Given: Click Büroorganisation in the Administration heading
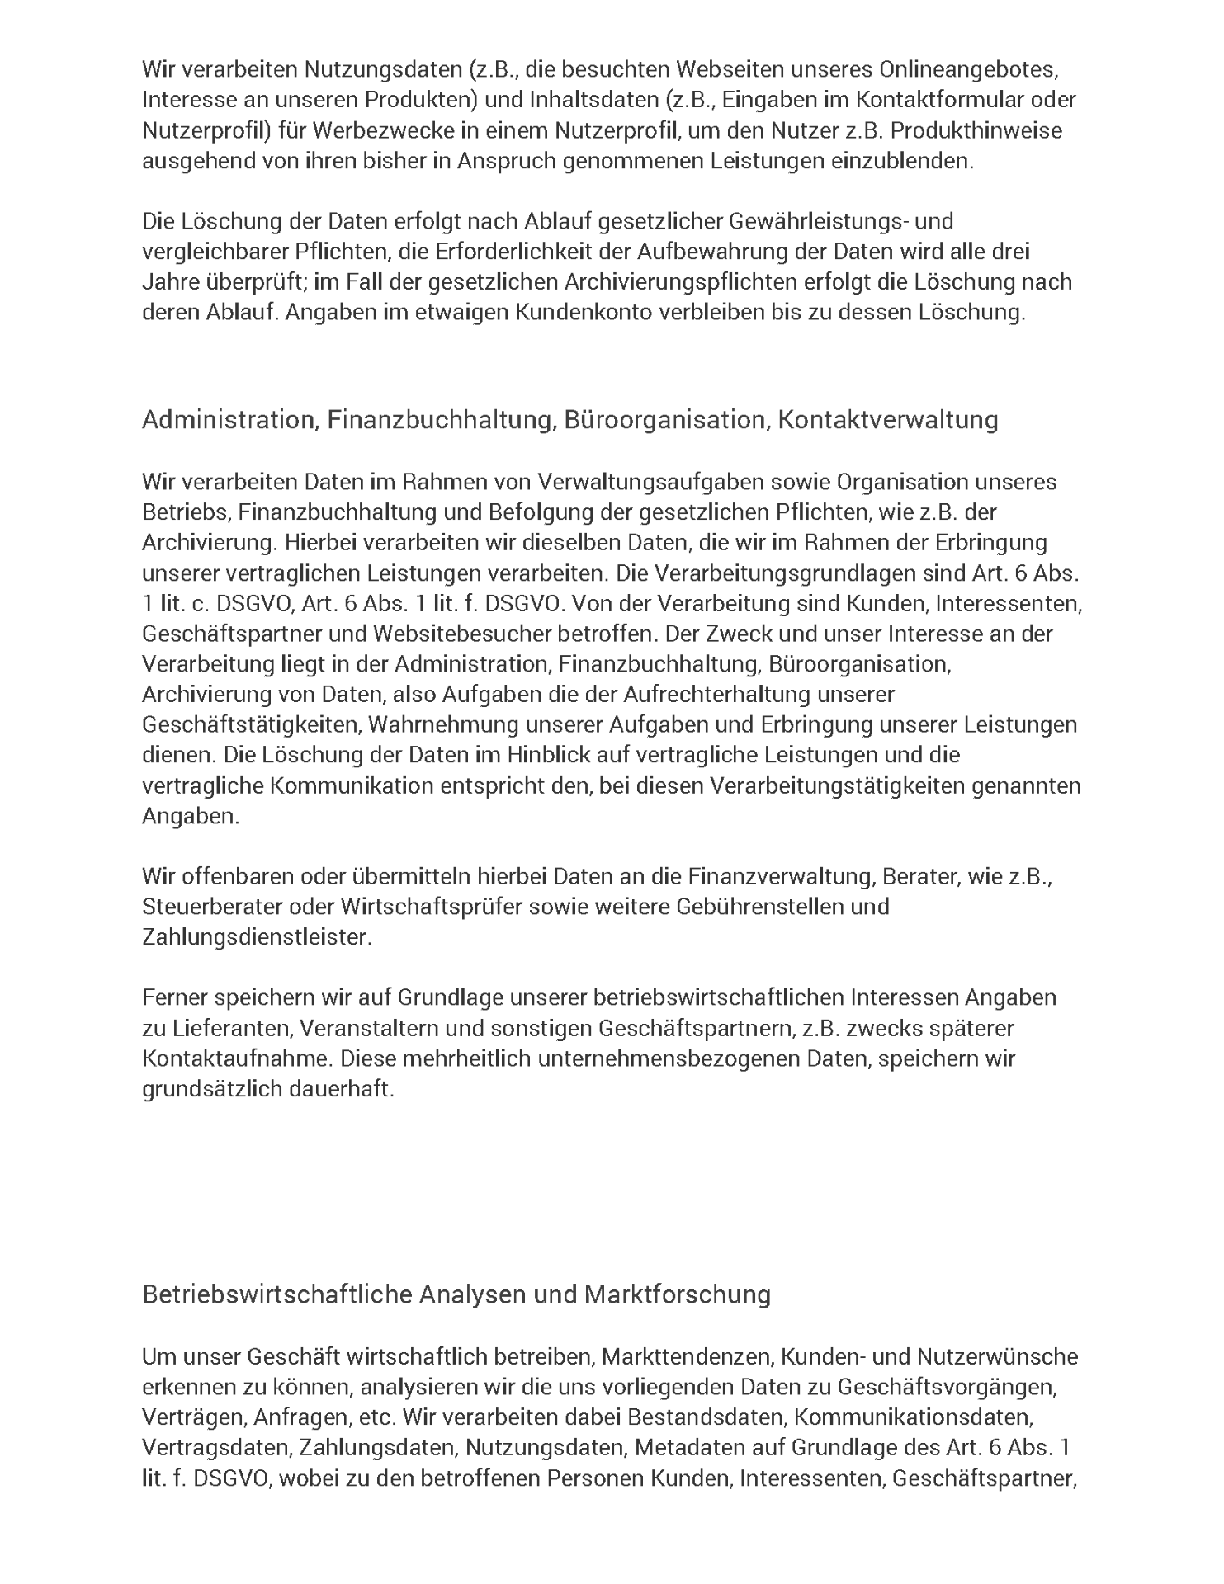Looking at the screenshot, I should click(x=667, y=420).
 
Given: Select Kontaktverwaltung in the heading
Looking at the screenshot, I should click(x=888, y=420).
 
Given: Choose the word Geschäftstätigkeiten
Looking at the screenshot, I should click(x=251, y=725).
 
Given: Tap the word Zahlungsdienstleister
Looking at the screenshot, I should click(x=257, y=937).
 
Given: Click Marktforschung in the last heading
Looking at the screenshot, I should click(x=677, y=1294).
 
